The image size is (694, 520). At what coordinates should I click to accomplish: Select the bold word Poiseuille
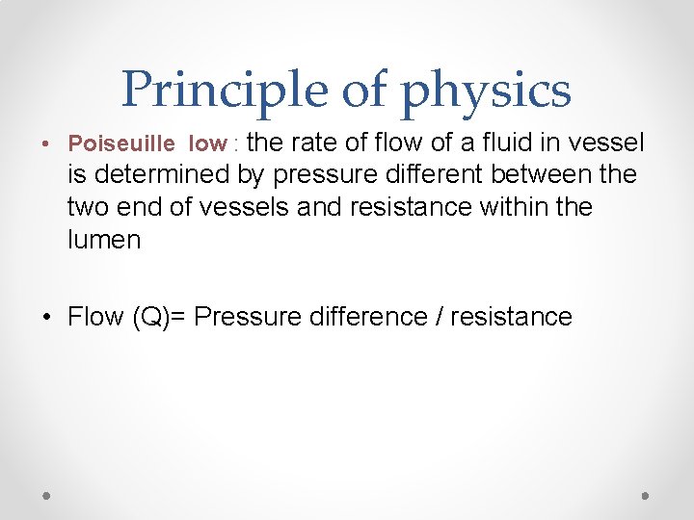point(121,144)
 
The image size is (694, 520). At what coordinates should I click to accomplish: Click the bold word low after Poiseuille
point(207,144)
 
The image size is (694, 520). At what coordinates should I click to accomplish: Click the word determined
point(163,175)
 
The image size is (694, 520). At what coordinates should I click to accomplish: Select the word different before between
point(430,175)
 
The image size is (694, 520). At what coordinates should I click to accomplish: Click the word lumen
point(104,239)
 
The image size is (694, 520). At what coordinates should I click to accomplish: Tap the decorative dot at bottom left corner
point(46,495)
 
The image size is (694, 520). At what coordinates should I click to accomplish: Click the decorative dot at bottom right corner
point(646,495)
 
